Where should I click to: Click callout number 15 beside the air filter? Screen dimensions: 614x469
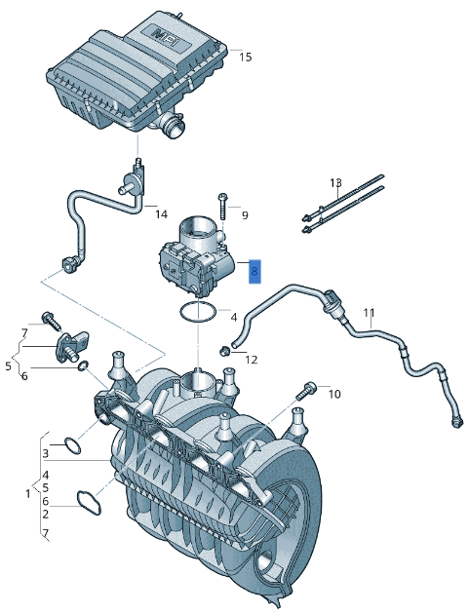(245, 58)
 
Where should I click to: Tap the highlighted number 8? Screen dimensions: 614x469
(254, 271)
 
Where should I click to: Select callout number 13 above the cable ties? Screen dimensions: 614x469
(335, 182)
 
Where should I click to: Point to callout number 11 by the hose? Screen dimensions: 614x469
(369, 313)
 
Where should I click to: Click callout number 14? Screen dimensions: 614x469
(162, 213)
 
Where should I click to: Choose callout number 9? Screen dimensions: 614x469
(244, 214)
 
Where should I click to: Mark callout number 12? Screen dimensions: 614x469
(251, 360)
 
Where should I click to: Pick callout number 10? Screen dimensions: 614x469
(333, 394)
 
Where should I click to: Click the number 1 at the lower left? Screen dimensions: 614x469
(27, 494)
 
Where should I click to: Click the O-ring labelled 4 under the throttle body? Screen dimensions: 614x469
(198, 312)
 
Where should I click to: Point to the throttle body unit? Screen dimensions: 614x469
(195, 258)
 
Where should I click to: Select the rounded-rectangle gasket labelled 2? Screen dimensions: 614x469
(90, 504)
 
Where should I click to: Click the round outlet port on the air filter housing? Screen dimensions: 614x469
(175, 125)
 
